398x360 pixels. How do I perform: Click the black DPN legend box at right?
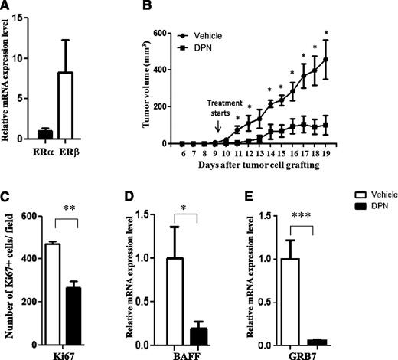(x=341, y=237)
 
